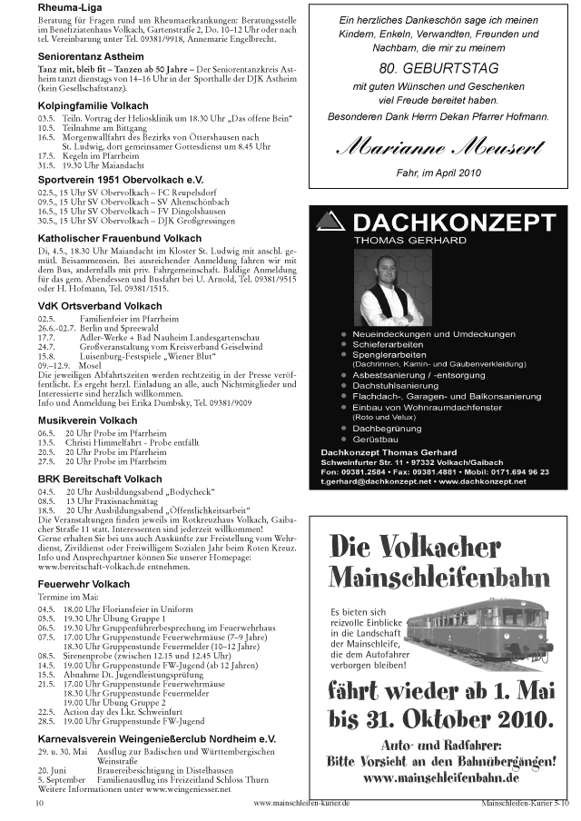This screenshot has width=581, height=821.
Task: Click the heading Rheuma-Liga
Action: click(x=69, y=8)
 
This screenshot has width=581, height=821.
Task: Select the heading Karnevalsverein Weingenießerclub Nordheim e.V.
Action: click(x=156, y=740)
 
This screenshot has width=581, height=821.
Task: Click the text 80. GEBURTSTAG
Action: click(x=438, y=68)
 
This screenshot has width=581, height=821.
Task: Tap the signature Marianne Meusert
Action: click(x=438, y=144)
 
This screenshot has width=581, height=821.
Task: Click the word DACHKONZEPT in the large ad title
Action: click(x=456, y=223)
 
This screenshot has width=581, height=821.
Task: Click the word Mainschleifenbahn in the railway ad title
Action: click(x=438, y=577)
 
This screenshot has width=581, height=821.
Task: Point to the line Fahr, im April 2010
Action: click(x=438, y=172)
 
